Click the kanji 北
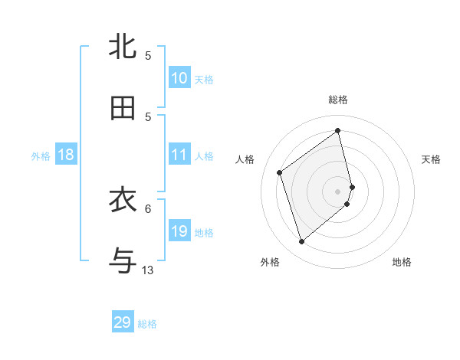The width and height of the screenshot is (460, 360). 123,47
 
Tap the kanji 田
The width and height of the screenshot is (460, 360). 123,108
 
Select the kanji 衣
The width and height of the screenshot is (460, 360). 123,201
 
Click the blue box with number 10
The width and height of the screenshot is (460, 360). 179,77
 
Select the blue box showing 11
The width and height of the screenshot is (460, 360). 179,155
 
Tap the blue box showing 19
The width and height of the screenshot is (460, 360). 179,231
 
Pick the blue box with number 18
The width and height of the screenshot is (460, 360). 66,155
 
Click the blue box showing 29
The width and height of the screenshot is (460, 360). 123,322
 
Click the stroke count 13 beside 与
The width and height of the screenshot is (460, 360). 148,270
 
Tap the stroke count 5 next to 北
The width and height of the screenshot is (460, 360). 148,55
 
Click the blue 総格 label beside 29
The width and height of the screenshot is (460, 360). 147,324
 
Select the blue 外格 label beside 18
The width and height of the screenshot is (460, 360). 41,155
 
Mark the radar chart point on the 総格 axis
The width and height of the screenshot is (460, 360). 338,130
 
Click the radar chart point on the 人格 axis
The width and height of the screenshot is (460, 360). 280,172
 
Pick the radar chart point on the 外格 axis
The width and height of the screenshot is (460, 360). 301,242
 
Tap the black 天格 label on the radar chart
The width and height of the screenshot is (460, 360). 431,159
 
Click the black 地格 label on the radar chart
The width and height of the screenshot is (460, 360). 402,262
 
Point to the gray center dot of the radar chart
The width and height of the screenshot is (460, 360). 338,191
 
